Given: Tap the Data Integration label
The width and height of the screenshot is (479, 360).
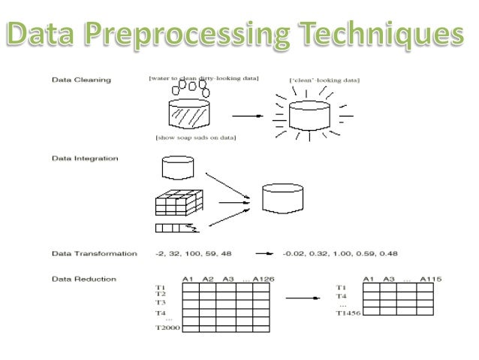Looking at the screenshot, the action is pyautogui.click(x=84, y=159).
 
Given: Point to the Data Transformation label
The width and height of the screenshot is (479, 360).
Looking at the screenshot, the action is pyautogui.click(x=93, y=253).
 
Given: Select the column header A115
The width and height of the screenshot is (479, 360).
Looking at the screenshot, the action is pyautogui.click(x=430, y=279).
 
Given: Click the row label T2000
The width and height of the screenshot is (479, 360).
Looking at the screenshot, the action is pyautogui.click(x=167, y=328).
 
